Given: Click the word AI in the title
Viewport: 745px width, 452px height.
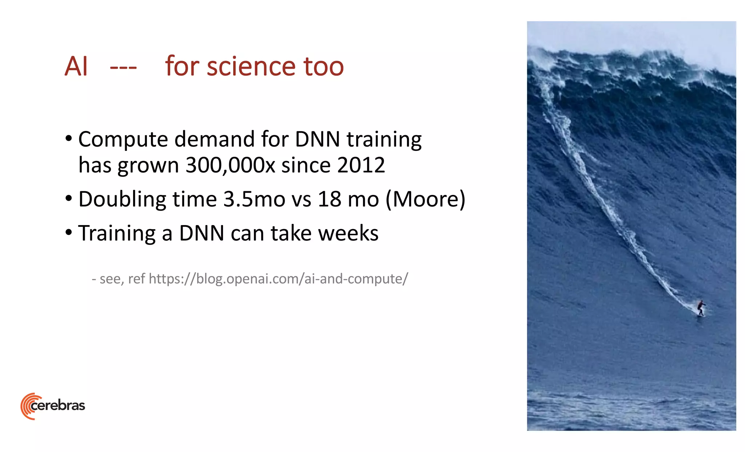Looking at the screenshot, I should pos(76,67).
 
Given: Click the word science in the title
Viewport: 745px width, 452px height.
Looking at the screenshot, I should pos(251,67).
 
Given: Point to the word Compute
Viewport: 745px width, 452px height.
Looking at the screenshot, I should pos(123,140).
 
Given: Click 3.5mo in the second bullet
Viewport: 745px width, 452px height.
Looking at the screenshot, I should pos(254,199).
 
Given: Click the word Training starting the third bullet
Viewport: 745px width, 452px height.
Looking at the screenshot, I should pos(117,233).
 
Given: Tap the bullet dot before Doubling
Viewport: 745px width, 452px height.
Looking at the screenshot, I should pos(69,199).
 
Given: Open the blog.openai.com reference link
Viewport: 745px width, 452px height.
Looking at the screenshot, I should pos(278,279).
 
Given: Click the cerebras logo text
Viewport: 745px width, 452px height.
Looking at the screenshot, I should pos(58,405).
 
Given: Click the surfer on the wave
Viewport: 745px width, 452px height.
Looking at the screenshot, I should pos(701,308).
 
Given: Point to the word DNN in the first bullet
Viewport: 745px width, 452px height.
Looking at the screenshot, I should pos(317,140).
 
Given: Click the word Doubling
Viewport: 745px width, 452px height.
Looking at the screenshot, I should pos(122,199).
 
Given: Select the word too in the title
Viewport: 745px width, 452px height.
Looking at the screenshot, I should pos(323,67).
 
